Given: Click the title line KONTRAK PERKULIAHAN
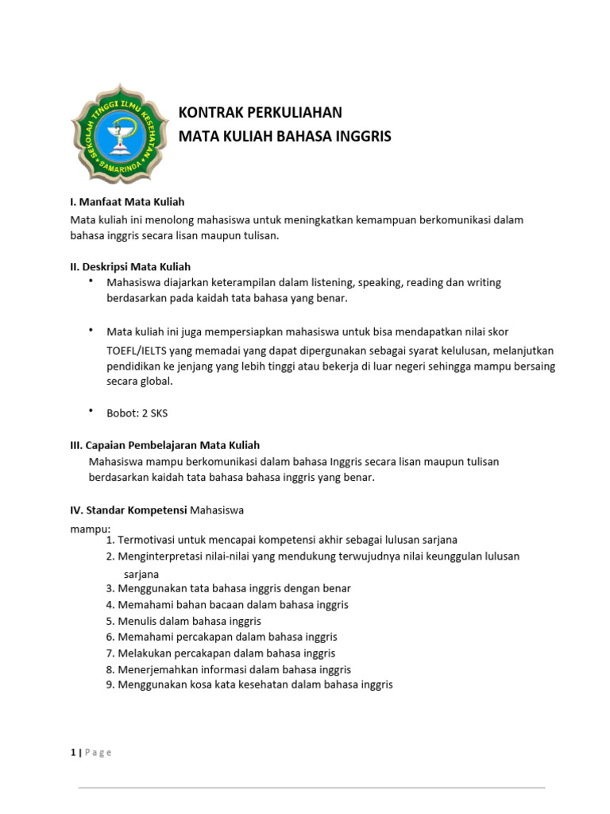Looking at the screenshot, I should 260,112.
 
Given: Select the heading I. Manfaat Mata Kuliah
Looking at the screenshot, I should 127,203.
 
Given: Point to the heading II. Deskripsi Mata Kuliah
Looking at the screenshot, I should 130,266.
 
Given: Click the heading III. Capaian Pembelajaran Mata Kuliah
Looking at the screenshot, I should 165,445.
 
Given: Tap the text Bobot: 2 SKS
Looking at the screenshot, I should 137,413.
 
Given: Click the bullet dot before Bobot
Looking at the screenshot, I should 91,410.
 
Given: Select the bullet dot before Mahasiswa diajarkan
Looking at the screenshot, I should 91,280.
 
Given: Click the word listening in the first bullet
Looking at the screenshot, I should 337,282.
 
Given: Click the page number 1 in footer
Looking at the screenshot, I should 72,752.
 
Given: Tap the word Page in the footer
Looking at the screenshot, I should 98,752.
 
